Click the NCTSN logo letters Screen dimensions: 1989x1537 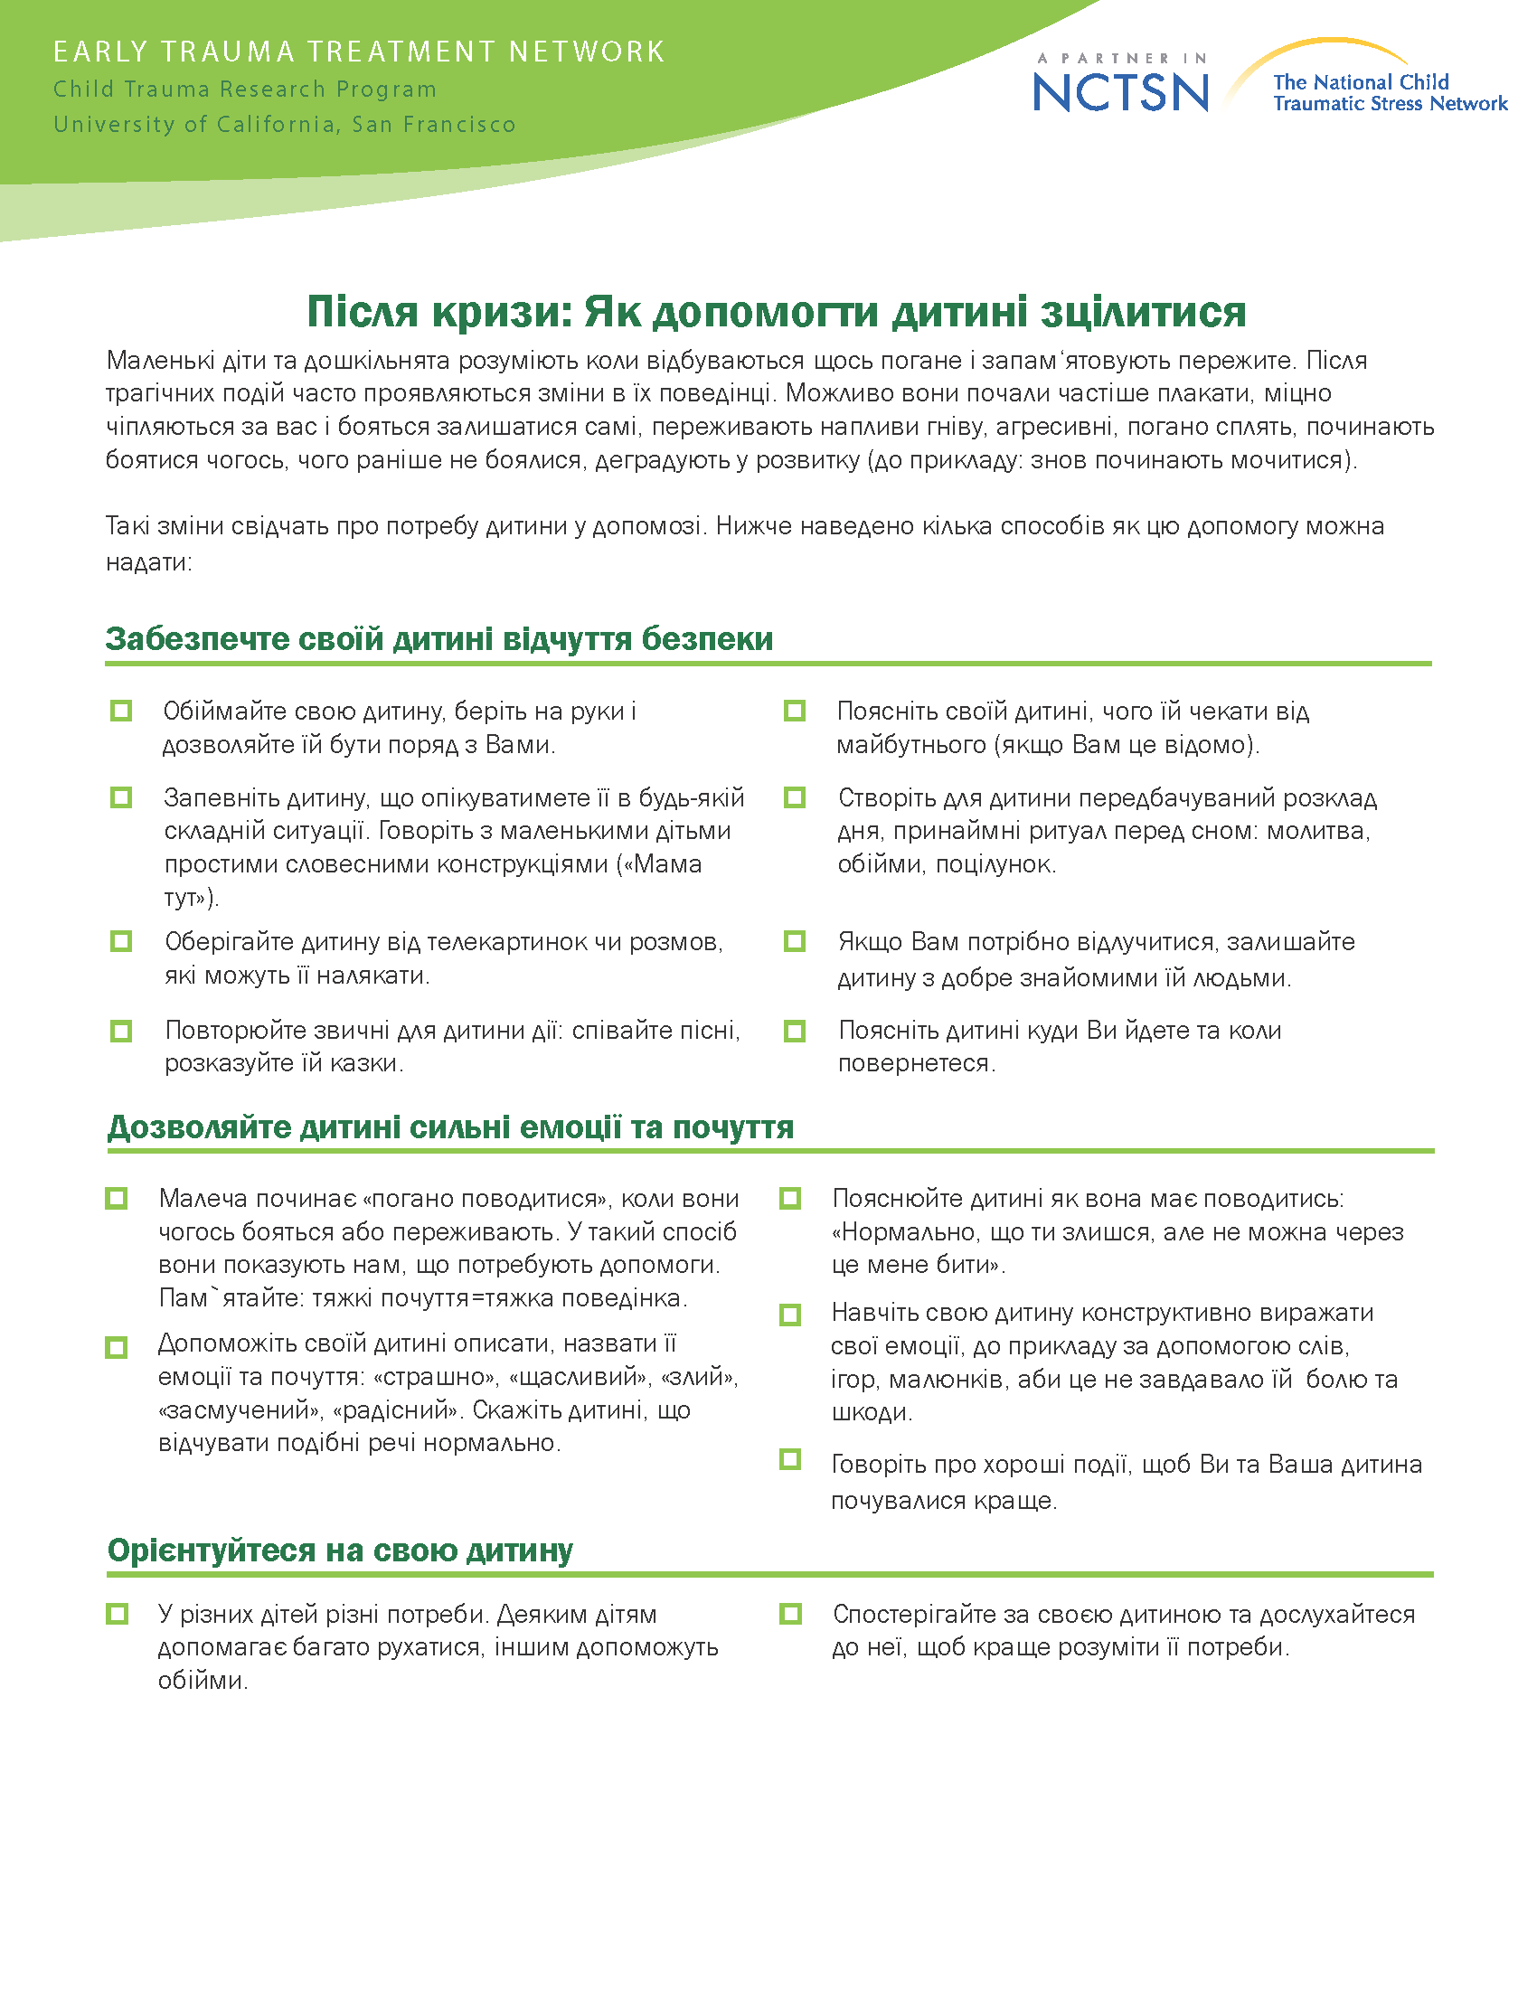click(1121, 91)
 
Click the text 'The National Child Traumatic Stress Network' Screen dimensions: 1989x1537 click(1390, 93)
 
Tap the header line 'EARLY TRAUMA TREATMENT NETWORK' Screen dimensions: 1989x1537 click(359, 52)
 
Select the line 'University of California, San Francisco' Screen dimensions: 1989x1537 click(284, 124)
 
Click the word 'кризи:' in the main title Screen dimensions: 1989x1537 click(503, 312)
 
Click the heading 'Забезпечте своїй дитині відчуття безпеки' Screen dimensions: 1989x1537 click(438, 638)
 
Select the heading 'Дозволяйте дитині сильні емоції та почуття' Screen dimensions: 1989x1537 click(451, 1126)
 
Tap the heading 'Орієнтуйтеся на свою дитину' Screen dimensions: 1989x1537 click(340, 1549)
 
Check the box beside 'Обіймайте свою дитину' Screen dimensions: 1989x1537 click(121, 711)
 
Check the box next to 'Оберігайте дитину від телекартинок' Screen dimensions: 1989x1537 click(121, 941)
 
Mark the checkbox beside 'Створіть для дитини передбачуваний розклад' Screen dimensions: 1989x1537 click(795, 797)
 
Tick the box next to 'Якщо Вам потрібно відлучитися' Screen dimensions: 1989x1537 click(795, 941)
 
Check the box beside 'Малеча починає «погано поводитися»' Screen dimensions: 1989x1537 click(117, 1198)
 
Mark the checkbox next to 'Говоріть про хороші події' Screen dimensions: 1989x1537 click(790, 1460)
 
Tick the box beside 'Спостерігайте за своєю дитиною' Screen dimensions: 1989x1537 click(790, 1614)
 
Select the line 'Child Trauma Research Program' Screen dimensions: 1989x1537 click(245, 90)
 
